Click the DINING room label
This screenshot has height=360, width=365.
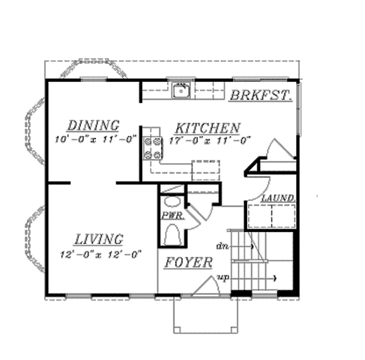pyautogui.click(x=93, y=125)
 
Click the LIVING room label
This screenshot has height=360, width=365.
pyautogui.click(x=99, y=239)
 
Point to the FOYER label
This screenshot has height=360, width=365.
pyautogui.click(x=189, y=263)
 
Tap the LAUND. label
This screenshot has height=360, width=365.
pyautogui.click(x=278, y=198)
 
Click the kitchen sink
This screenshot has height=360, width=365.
pyautogui.click(x=181, y=91)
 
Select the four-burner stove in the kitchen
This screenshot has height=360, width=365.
pyautogui.click(x=152, y=148)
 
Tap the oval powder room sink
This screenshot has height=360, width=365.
pyautogui.click(x=173, y=202)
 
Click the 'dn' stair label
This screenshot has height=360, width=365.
pyautogui.click(x=222, y=246)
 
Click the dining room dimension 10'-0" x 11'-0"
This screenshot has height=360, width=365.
pyautogui.click(x=96, y=139)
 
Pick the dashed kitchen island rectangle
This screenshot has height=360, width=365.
pyautogui.click(x=206, y=170)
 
